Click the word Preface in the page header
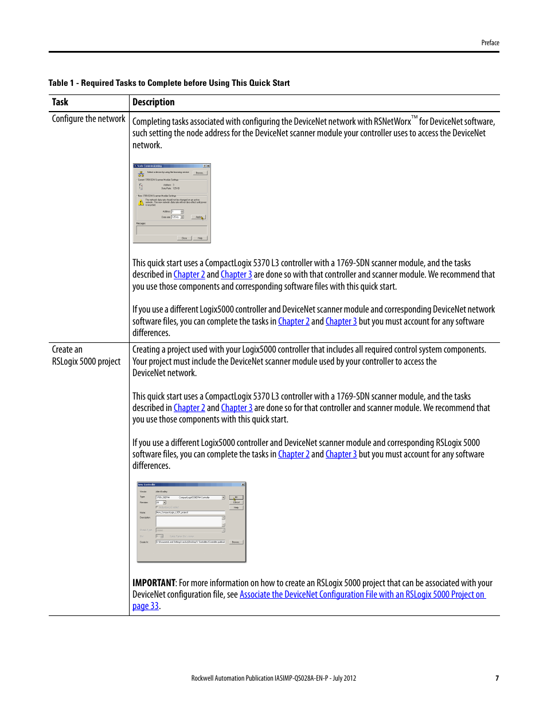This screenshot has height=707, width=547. coord(490,43)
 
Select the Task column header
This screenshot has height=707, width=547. coord(60,102)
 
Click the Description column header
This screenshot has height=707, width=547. coord(153,102)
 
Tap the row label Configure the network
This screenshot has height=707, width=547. coord(88,119)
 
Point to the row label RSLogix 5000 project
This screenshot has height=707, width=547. coord(86,361)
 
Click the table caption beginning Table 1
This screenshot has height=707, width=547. coord(169,83)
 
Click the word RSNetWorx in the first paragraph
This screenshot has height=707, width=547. coord(392,121)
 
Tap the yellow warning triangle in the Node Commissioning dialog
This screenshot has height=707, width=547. coord(140,203)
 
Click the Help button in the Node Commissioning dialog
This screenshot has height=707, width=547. coord(200,238)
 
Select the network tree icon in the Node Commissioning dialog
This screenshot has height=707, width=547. coord(140,173)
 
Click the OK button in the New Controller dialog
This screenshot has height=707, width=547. coord(236,497)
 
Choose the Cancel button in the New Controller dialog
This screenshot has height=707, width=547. coord(236,502)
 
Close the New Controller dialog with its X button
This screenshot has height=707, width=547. coord(243,484)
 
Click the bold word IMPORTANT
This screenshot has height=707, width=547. coord(154,583)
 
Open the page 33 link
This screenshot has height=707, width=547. coord(146,606)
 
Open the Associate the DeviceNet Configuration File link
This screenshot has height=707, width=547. coord(362,595)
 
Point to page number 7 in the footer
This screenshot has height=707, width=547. coord(497,678)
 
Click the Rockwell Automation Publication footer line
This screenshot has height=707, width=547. coord(273,678)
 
